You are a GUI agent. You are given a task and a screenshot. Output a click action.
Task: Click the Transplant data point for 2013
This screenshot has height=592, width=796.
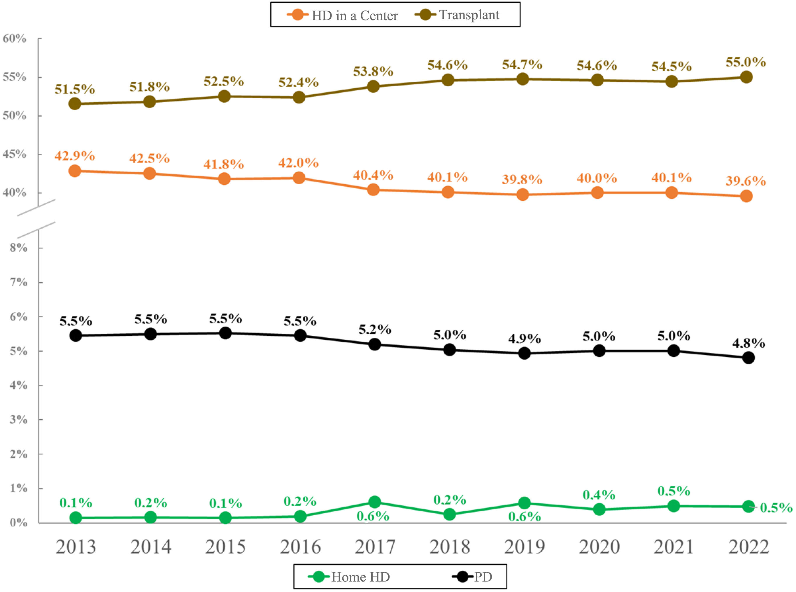pos(75,104)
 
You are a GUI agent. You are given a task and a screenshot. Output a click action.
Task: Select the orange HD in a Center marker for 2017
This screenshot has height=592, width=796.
pos(373,190)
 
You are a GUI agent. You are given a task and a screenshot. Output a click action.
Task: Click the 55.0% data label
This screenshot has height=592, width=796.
pos(746,62)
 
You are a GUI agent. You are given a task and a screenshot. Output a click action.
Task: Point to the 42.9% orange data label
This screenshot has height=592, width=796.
pos(75,156)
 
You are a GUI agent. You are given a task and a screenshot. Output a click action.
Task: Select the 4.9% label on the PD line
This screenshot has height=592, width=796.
pos(524,338)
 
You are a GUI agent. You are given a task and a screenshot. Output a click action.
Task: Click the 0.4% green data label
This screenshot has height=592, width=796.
pos(599,495)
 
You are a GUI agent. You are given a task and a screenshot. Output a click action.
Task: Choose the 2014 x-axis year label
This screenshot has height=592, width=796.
pos(151,547)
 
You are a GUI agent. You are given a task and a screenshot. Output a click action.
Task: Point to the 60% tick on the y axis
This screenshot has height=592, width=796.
pos(15,38)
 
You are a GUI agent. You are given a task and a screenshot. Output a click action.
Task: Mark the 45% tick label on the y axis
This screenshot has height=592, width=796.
pos(15,154)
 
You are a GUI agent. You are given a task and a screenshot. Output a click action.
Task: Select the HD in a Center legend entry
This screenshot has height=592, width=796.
pos(343,15)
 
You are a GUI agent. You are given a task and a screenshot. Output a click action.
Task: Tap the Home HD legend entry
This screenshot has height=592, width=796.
pos(349,577)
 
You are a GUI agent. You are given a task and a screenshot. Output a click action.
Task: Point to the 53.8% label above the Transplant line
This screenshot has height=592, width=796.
pos(373,72)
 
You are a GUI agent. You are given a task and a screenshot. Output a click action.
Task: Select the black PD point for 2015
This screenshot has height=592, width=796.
pos(225,333)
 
